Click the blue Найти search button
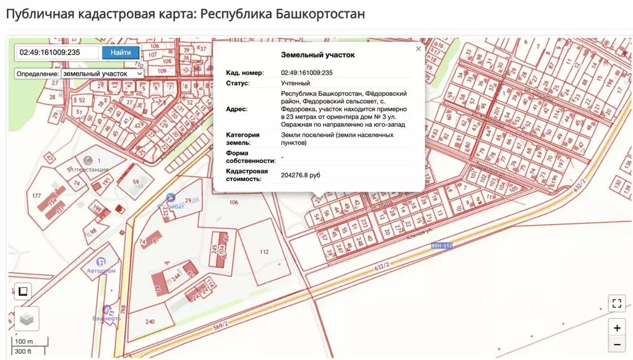pos(121,53)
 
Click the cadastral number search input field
pos(57,53)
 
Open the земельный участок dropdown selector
pos(102,73)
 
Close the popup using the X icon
pos(418,48)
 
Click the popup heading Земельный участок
pos(318,55)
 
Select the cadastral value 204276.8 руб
pos(301,175)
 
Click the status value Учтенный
pos(296,83)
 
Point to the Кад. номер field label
pos(244,72)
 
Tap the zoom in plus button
pos(616,328)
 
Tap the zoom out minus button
pos(616,345)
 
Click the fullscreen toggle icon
pos(616,303)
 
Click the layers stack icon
pos(26,319)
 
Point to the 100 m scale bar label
pos(25,342)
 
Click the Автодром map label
pos(102,271)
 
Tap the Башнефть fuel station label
pos(106,318)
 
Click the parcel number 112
pos(264,252)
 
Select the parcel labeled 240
pos(150,321)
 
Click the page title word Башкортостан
pos(321,14)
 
